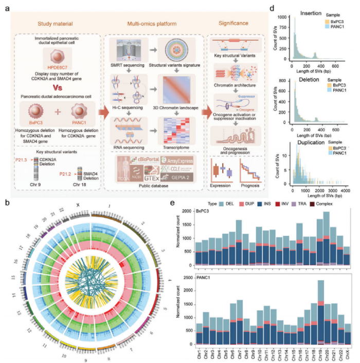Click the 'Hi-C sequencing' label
pos(124,117)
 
